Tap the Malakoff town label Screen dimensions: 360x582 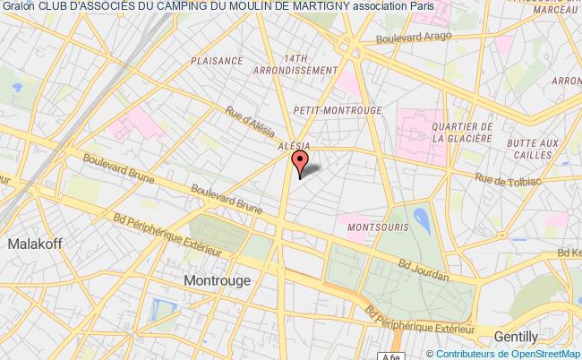tap(32, 244)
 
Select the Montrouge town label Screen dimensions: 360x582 tap(218, 279)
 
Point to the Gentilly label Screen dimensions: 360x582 tap(518, 337)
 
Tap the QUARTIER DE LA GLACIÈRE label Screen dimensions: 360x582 tap(461, 133)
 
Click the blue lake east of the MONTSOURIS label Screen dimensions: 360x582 tap(422, 218)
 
